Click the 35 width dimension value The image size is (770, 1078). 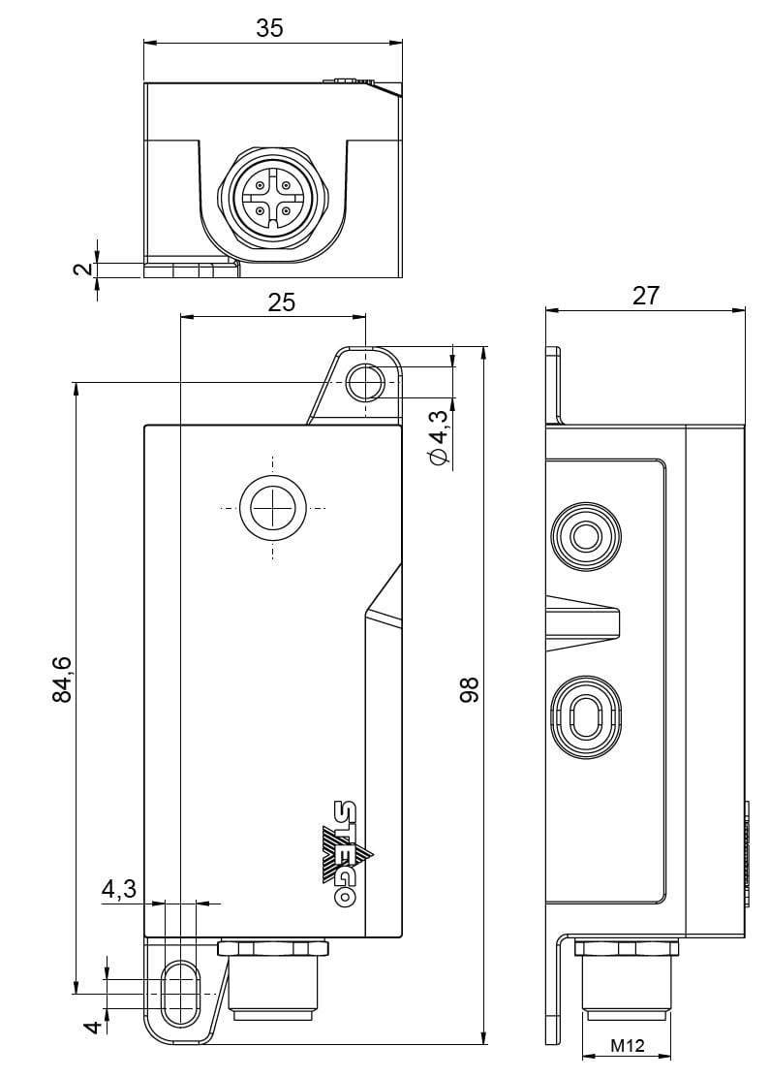pyautogui.click(x=269, y=28)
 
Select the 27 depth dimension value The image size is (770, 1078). pyautogui.click(x=645, y=296)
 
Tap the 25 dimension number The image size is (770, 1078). pyautogui.click(x=281, y=302)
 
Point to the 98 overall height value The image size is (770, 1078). pyautogui.click(x=470, y=689)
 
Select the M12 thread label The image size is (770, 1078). pyautogui.click(x=627, y=1047)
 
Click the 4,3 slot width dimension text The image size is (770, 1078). pyautogui.click(x=118, y=889)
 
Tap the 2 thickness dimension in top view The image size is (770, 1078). pyautogui.click(x=85, y=268)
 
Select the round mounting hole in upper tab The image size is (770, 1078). pyautogui.click(x=364, y=383)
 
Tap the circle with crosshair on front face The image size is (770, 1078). pyautogui.click(x=273, y=508)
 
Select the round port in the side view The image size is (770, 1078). pyautogui.click(x=584, y=536)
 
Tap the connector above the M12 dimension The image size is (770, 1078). pyautogui.click(x=627, y=979)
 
